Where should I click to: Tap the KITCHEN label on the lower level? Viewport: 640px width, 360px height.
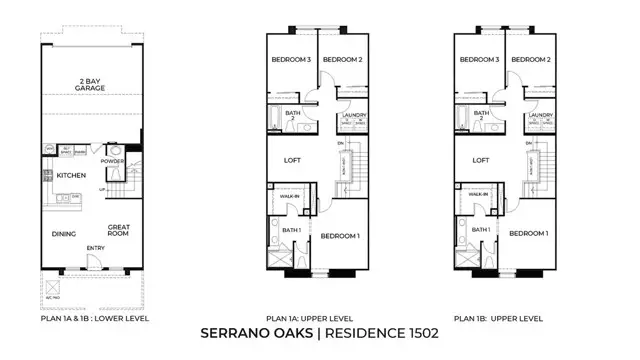[x=71, y=176]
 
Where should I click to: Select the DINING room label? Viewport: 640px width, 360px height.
[x=65, y=235]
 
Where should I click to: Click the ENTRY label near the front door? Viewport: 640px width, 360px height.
[x=96, y=249]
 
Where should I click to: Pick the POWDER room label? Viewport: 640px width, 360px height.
[x=113, y=161]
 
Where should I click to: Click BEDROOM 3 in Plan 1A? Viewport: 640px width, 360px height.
[x=290, y=60]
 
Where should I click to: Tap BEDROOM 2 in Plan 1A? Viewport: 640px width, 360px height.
[x=341, y=60]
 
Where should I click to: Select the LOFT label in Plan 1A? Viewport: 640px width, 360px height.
[x=292, y=159]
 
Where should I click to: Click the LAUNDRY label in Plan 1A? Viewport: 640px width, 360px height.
[x=352, y=116]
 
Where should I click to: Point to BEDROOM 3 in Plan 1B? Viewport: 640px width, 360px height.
[x=479, y=60]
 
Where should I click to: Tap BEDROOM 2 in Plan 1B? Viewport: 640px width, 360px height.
[x=530, y=60]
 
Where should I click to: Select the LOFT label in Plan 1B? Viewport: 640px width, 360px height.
[x=481, y=159]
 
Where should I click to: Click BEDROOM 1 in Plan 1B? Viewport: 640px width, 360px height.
[x=528, y=233]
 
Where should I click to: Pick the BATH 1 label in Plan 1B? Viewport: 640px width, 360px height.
[x=481, y=230]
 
